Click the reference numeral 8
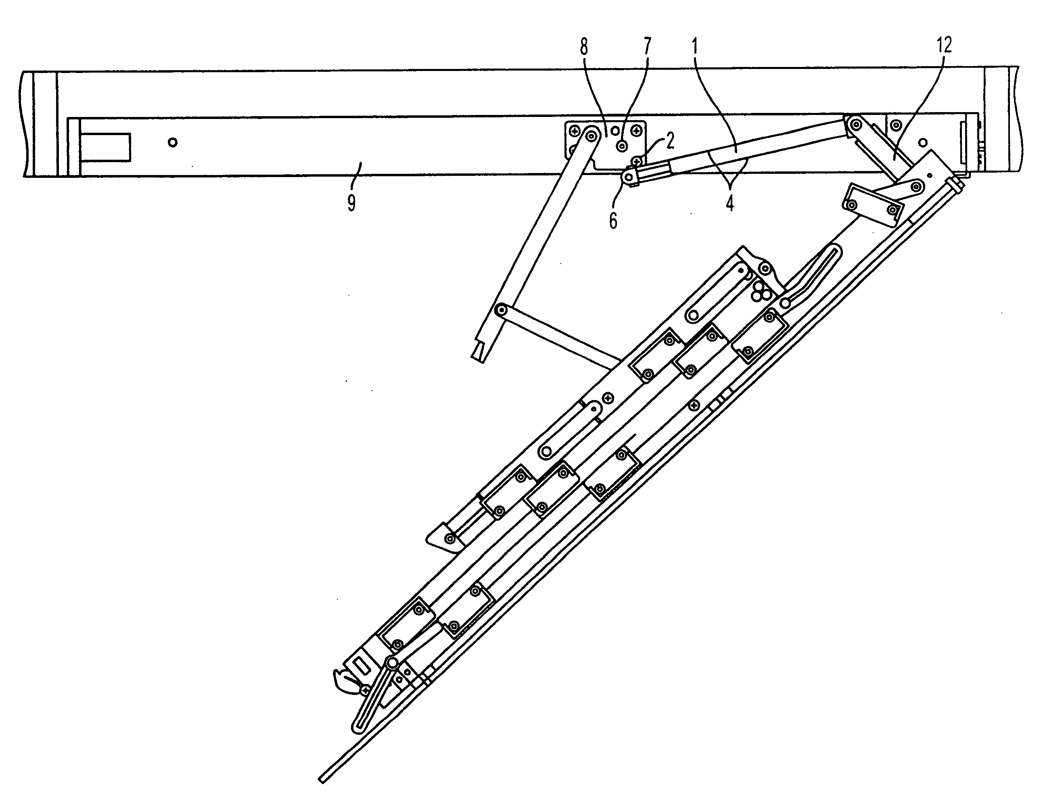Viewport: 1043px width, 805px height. [583, 47]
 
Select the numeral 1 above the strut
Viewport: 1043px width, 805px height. [695, 46]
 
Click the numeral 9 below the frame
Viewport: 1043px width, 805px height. [351, 203]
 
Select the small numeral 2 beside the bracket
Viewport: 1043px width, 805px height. [670, 140]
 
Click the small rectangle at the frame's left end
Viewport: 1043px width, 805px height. [105, 146]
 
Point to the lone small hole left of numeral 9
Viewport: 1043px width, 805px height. [173, 142]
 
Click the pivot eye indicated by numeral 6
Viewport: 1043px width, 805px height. [629, 177]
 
